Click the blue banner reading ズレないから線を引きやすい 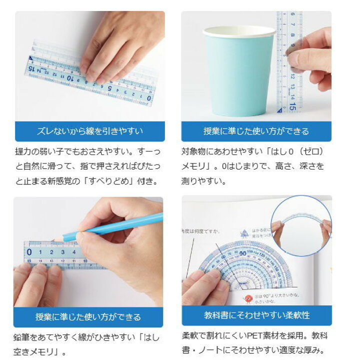[x=89, y=131]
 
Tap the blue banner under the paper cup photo [x=256, y=131]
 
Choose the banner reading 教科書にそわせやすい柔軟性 [x=256, y=315]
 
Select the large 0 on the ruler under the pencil [x=29, y=251]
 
